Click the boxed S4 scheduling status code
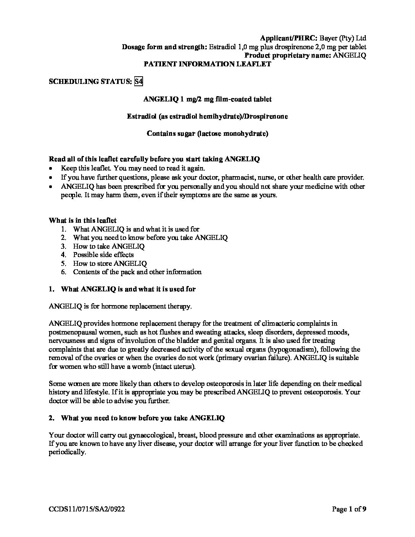coord(139,81)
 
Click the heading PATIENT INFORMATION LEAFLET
coord(207,64)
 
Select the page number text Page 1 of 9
coord(349,509)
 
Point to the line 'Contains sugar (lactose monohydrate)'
coord(207,133)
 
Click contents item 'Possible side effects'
coord(103,255)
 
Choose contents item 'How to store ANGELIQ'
coord(110,264)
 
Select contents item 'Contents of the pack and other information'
coord(137,272)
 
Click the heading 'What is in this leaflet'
coord(83,220)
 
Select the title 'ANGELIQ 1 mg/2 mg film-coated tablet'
coord(207,99)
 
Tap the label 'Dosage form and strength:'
coord(164,47)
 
